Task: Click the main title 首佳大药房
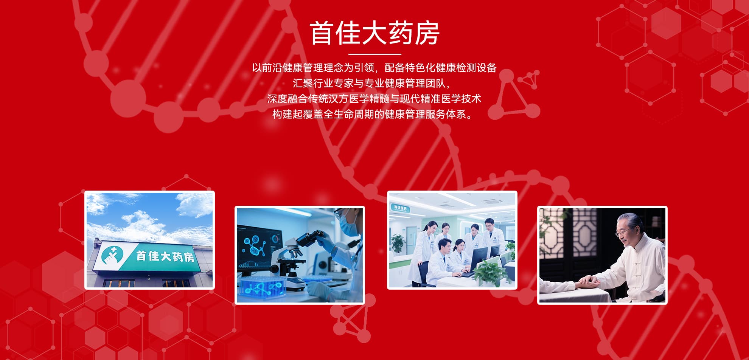coord(374,33)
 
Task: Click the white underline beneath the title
coord(374,54)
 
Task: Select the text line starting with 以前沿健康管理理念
coord(374,68)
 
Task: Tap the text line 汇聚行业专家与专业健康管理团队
coord(371,83)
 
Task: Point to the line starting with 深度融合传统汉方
coord(374,99)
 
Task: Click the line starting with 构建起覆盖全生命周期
coord(373,114)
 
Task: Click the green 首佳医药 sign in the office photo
coord(400,209)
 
